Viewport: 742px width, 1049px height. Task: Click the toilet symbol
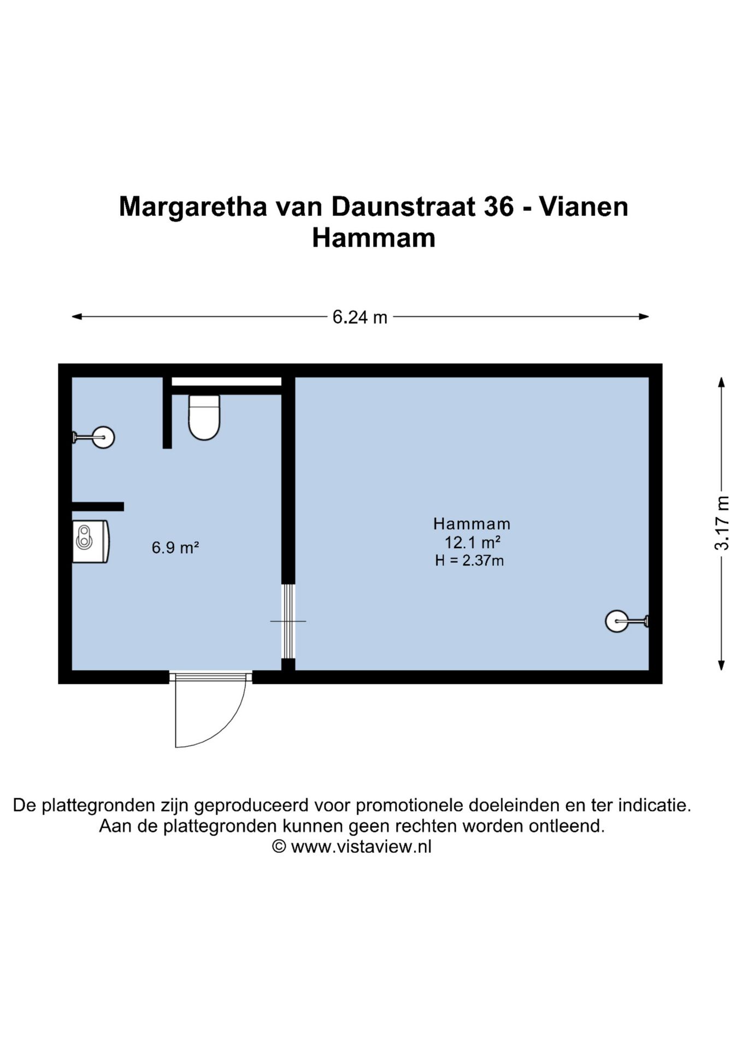[x=204, y=418]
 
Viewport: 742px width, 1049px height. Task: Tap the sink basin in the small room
[x=90, y=541]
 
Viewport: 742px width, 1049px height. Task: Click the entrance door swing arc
[x=219, y=721]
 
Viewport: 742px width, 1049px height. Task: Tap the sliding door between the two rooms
[x=288, y=621]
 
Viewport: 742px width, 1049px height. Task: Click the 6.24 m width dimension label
[x=360, y=317]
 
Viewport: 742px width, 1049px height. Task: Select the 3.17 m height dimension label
[x=722, y=523]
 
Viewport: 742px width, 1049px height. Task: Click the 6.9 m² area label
[x=175, y=547]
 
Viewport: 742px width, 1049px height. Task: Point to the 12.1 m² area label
[x=472, y=543]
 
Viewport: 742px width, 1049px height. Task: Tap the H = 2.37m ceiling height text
[x=469, y=561]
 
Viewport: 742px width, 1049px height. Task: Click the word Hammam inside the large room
[x=472, y=524]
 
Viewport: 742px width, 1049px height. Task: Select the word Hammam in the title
[x=373, y=238]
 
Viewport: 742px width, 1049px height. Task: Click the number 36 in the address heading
[x=498, y=207]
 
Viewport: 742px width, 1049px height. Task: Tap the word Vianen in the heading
[x=584, y=207]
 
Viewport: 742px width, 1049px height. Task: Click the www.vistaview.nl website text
[x=361, y=846]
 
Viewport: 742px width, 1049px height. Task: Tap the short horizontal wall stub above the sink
[x=98, y=506]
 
